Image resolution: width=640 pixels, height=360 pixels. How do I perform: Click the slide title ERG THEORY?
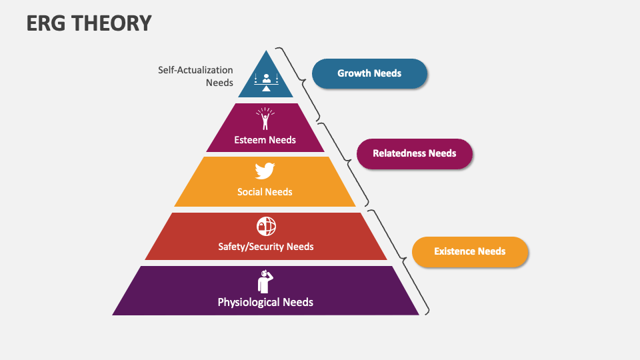[89, 24]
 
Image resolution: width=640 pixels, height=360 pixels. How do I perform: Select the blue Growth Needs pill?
[369, 73]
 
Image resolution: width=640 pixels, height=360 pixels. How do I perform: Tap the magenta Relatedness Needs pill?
[414, 153]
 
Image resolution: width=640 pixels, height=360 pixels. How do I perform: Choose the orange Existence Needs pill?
[469, 251]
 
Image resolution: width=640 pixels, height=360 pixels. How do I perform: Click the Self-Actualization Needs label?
[195, 76]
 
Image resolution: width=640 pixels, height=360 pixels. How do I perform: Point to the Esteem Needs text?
[265, 140]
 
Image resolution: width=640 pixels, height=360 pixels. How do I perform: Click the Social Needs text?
[265, 192]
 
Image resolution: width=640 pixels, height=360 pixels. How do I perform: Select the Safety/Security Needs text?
[265, 247]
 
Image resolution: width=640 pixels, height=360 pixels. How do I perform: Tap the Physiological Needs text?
[265, 302]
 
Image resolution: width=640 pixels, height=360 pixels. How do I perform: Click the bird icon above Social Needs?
[265, 171]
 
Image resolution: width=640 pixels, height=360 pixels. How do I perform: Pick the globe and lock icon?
[265, 226]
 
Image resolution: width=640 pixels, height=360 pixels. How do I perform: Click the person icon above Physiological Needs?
[265, 281]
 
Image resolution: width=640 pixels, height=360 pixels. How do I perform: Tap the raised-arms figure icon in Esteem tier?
[265, 119]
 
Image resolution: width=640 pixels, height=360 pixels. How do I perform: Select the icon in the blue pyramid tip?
[265, 82]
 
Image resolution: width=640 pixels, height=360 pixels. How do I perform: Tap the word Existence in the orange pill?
[455, 251]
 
